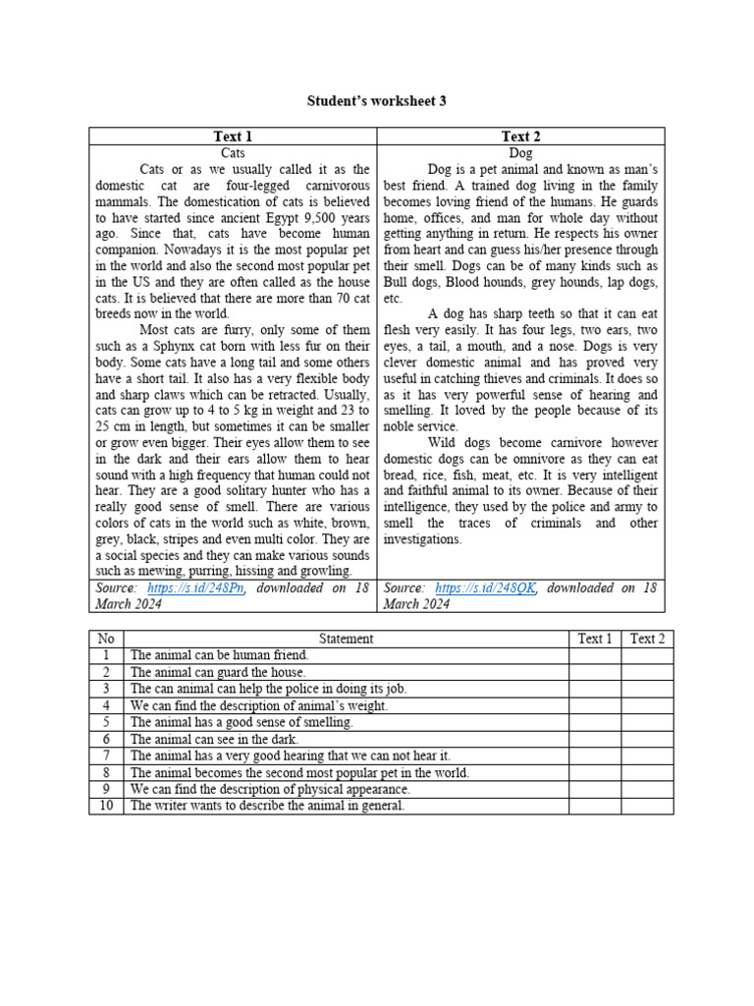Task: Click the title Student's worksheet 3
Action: coord(377,100)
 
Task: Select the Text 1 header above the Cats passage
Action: coord(233,137)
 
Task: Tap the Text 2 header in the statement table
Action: coord(647,639)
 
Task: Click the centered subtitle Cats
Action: coord(233,153)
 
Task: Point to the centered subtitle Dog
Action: coord(520,153)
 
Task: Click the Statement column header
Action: coord(346,639)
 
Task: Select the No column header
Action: coord(106,639)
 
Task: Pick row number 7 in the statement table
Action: coord(106,755)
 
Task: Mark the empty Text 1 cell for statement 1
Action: coord(594,655)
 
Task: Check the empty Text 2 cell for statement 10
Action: coord(647,806)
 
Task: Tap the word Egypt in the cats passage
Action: coord(278,217)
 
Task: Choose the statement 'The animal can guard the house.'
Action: coord(217,672)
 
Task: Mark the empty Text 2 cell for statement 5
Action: coord(647,722)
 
